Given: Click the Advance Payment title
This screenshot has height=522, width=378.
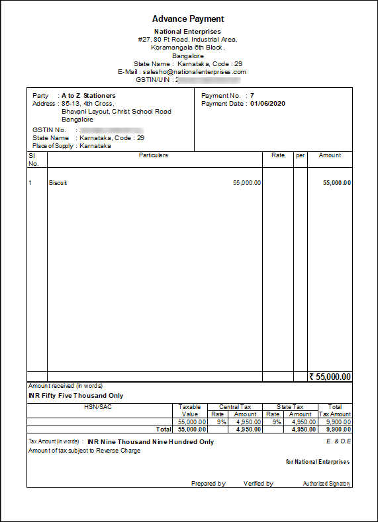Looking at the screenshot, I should click(188, 19).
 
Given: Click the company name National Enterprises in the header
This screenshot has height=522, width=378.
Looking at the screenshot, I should click(187, 31).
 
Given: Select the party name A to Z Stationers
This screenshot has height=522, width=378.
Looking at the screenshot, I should click(88, 96).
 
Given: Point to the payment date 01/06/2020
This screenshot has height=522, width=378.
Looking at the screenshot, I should click(267, 104).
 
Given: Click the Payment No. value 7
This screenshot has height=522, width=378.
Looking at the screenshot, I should click(252, 96).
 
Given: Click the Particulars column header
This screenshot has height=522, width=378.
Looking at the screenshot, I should click(153, 155).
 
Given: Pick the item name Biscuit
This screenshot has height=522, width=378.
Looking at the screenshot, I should click(58, 183).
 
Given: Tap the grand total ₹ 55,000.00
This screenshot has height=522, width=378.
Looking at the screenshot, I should click(330, 377).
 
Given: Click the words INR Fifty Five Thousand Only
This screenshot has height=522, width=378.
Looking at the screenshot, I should click(75, 396).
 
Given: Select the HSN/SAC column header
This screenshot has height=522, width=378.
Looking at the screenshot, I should click(99, 407).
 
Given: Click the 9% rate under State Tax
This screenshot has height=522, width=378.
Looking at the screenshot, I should click(272, 422).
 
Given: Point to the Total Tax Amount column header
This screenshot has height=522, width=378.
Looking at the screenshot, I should click(335, 410).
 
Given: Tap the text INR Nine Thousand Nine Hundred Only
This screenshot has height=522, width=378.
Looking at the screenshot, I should click(150, 442).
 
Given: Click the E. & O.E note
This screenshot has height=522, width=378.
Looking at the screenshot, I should click(338, 440).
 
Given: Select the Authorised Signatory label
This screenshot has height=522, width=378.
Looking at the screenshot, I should click(326, 484).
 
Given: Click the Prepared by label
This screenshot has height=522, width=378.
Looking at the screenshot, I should click(208, 484).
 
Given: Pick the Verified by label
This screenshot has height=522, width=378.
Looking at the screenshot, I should click(258, 484).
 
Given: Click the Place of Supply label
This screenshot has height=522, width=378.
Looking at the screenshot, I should click(54, 145).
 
